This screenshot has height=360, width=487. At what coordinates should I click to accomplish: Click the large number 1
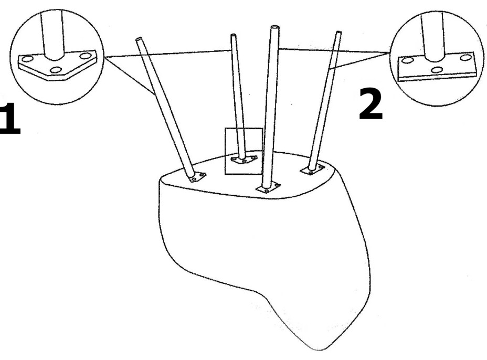(10, 119)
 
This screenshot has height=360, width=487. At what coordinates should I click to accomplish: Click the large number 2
(370, 104)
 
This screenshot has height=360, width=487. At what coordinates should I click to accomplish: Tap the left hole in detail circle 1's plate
(27, 59)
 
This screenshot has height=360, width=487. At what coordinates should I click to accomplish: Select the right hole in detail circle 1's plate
(85, 56)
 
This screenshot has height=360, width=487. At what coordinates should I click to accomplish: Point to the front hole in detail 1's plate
(56, 70)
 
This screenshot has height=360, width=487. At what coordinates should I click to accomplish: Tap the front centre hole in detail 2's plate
(437, 70)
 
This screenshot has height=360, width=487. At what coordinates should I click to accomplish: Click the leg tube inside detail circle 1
(54, 35)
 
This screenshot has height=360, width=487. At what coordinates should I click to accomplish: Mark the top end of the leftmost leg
(139, 39)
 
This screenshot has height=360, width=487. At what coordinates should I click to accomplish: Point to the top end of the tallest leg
(274, 27)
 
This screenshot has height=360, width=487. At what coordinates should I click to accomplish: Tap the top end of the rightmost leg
(339, 32)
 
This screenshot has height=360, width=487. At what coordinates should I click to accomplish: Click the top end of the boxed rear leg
(233, 35)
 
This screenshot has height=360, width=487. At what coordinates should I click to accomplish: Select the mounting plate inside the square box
(244, 160)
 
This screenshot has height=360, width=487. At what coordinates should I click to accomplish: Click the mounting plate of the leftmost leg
(197, 177)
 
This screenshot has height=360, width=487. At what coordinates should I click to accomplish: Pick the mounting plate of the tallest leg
(268, 188)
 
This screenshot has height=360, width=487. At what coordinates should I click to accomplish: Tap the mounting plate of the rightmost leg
(312, 170)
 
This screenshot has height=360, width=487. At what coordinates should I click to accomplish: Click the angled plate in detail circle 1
(57, 66)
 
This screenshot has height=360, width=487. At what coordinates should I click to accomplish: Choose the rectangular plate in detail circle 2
(437, 67)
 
